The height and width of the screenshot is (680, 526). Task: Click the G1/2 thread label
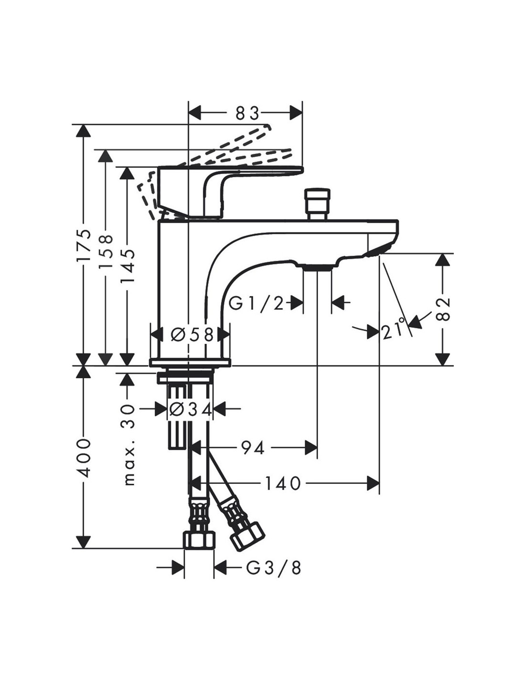256,303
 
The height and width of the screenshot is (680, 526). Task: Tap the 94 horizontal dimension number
253,448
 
